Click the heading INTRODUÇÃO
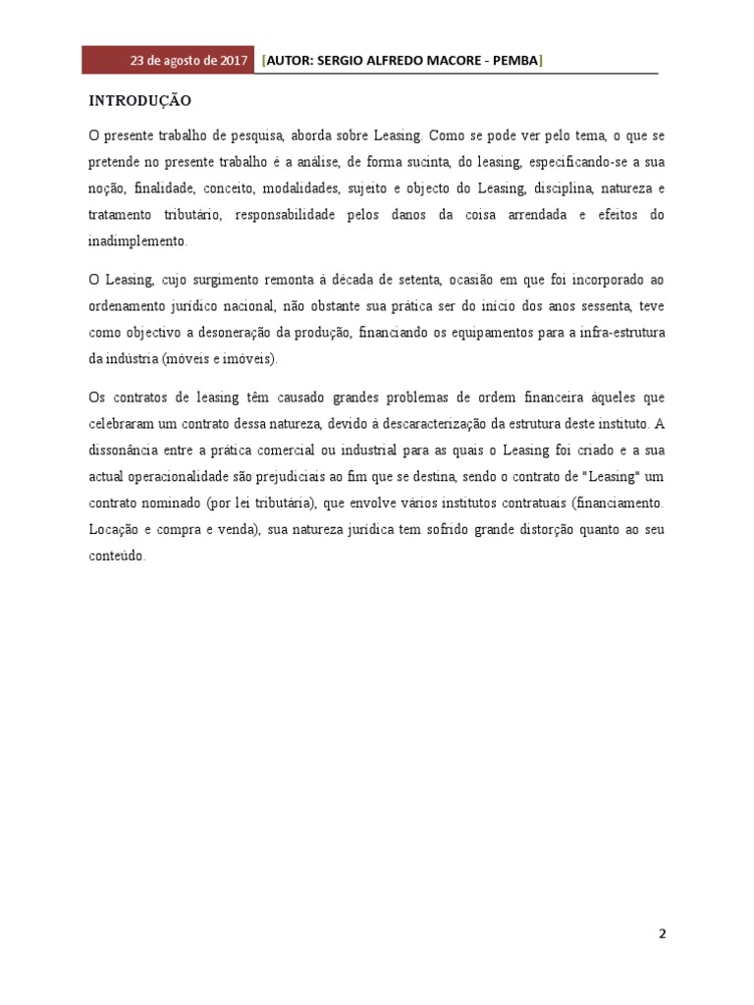point(140,101)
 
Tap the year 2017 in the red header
point(232,61)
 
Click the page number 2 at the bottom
point(662,934)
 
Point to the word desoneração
point(234,333)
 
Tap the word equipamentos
point(474,333)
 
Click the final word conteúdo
point(117,556)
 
